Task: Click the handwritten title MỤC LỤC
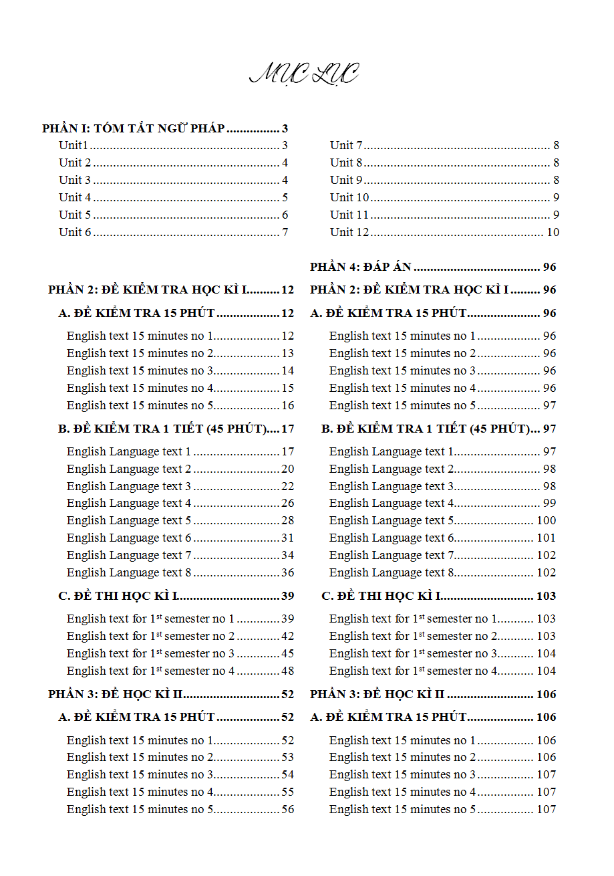click(x=304, y=74)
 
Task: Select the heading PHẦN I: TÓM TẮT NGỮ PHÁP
click(x=133, y=128)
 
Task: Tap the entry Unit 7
click(x=346, y=145)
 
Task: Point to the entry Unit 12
click(x=349, y=232)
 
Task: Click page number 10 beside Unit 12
click(x=553, y=232)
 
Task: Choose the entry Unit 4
click(x=75, y=197)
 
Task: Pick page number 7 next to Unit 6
click(x=285, y=232)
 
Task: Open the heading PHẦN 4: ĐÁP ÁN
click(x=361, y=267)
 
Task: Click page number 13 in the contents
click(x=287, y=353)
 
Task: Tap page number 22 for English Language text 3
click(x=287, y=486)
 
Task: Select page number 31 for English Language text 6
click(x=287, y=538)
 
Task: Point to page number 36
click(x=287, y=572)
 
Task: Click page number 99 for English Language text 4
click(x=549, y=503)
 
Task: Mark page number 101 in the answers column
click(x=546, y=538)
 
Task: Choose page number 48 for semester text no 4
click(x=287, y=671)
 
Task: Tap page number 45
click(x=287, y=653)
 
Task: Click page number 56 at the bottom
click(x=287, y=809)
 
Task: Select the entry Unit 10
click(x=349, y=197)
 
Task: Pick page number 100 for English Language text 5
click(x=546, y=520)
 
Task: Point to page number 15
click(x=287, y=388)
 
